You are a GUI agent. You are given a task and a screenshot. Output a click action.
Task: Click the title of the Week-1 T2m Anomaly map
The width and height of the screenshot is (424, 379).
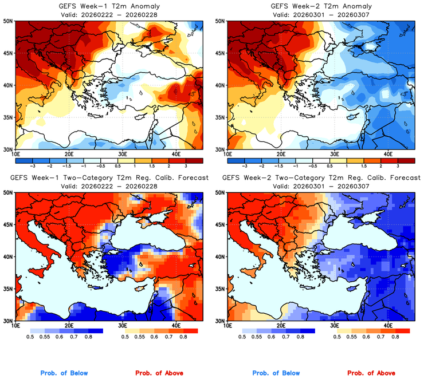[107, 6]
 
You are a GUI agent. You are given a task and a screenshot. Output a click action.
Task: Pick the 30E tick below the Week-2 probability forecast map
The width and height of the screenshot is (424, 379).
[334, 325]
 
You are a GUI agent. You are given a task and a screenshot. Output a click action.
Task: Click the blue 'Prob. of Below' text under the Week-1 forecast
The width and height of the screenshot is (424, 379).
[64, 373]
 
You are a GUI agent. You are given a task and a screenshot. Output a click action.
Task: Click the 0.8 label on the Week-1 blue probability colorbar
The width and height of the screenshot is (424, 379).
[89, 338]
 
